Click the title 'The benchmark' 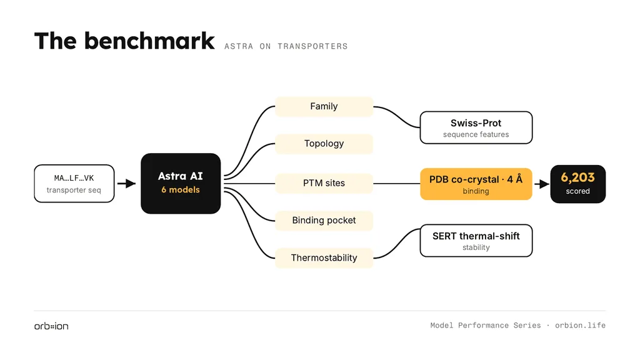point(124,41)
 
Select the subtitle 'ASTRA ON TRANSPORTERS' point(286,46)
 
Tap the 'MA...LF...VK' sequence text point(74,178)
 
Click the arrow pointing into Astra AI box point(126,184)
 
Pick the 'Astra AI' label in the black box point(181,176)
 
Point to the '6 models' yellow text point(181,190)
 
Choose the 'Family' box point(324,106)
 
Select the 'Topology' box point(324,144)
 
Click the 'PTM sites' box point(324,183)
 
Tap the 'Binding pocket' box point(324,221)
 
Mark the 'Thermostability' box point(324,258)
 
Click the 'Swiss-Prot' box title point(476,123)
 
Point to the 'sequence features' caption point(476,135)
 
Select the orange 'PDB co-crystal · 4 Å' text point(476,179)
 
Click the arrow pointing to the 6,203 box point(542,184)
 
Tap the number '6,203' point(577,177)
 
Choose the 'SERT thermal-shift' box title point(476,236)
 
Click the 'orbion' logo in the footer point(51,326)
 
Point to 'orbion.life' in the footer point(580,325)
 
